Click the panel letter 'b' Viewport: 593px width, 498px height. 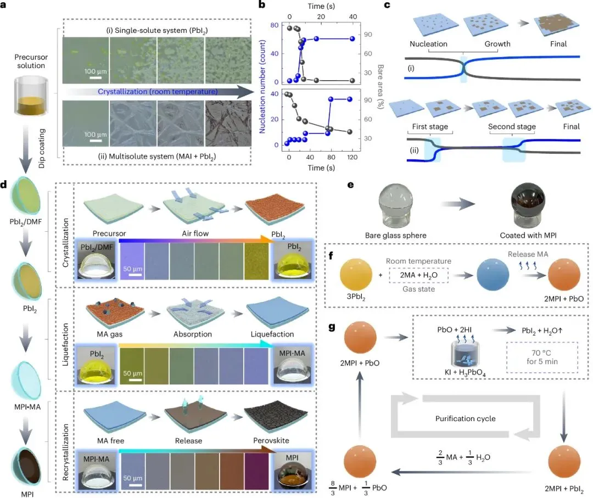(262, 5)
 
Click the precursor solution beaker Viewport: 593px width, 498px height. (31, 96)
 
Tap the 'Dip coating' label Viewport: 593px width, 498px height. (42, 148)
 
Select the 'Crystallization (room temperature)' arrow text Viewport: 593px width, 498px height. (158, 92)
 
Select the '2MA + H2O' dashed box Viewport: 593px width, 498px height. (418, 275)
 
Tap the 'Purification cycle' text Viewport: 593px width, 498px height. (465, 418)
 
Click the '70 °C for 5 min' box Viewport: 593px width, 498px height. (542, 357)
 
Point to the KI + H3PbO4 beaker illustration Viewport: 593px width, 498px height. (465, 353)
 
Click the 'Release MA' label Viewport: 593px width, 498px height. (528, 254)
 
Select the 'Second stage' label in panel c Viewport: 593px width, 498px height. (512, 126)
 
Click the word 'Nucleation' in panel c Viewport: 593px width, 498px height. (428, 44)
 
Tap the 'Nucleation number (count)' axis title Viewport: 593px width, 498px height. (262, 87)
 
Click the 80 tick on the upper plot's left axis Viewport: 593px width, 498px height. (274, 25)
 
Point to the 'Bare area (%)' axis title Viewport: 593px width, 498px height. (381, 87)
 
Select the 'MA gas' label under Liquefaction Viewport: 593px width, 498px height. (110, 334)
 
